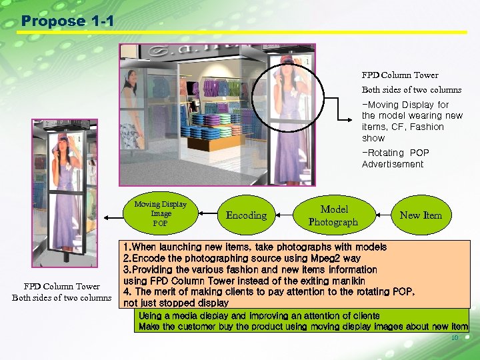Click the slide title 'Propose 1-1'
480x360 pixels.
67,21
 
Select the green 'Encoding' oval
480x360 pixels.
246,215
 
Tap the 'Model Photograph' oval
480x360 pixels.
333,215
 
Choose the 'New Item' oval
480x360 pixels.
420,215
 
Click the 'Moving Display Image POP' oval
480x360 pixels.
160,214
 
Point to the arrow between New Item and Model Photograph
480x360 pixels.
383,215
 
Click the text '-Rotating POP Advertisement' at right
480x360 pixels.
395,159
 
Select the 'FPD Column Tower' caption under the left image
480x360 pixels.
61,287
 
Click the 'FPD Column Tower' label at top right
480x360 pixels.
400,75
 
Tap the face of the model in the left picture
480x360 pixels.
63,148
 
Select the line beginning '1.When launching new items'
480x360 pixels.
254,247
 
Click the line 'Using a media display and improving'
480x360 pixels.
259,316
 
